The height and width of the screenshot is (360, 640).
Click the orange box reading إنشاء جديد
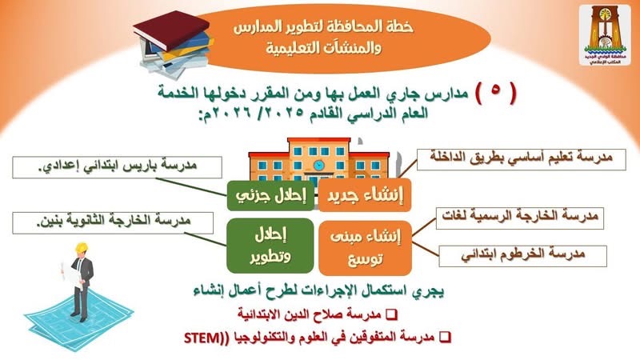pos(365,195)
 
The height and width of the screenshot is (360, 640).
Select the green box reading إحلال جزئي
pos(270,195)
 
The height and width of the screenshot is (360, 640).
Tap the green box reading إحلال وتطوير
pos(270,246)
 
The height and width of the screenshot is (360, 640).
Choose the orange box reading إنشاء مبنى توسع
pos(365,248)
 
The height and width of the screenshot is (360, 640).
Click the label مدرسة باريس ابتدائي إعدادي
pos(117,167)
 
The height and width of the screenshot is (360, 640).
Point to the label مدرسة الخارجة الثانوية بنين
pos(113,223)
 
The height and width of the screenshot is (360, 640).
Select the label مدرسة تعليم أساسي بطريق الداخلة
pos(522,159)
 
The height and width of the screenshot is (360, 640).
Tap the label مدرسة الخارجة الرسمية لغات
pos(519,218)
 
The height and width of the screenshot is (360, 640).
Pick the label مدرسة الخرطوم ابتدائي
pos(523,256)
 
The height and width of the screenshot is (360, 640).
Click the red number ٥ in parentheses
pos(495,90)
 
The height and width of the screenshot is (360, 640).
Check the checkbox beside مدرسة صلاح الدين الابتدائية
pos(391,314)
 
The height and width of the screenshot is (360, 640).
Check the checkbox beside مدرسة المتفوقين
pos(445,337)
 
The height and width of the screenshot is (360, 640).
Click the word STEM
pos(202,338)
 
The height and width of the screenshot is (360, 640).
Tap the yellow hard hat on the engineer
pos(82,248)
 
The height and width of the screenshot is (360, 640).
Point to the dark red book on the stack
pos(171,30)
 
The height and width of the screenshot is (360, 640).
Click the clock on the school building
pos(318,166)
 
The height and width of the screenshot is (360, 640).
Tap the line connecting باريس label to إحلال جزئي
pos(191,187)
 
